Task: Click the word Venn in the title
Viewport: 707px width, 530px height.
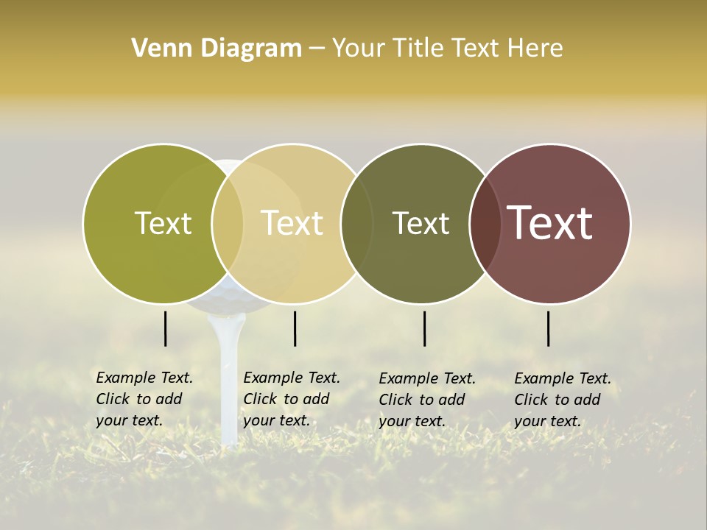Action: click(x=158, y=49)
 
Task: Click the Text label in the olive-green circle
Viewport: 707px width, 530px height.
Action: click(x=163, y=223)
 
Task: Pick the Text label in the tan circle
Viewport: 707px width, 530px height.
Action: click(x=292, y=223)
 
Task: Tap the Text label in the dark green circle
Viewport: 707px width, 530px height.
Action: click(x=421, y=223)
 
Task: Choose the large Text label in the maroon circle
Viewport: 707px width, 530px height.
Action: click(x=550, y=223)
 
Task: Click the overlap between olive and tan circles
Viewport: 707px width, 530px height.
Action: click(x=228, y=223)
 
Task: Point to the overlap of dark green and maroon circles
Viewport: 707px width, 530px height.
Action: click(x=485, y=223)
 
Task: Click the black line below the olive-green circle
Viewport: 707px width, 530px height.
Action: click(x=165, y=328)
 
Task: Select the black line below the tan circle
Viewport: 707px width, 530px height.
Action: click(x=295, y=328)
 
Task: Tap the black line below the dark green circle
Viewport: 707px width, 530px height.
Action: click(x=424, y=328)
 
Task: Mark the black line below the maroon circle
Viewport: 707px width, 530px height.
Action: click(x=549, y=328)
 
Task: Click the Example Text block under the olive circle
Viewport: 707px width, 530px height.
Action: click(x=144, y=399)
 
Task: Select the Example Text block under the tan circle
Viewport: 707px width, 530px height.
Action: click(x=292, y=399)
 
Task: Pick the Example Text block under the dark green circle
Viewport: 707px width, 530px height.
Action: click(x=427, y=400)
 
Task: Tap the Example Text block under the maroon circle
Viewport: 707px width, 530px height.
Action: click(x=563, y=400)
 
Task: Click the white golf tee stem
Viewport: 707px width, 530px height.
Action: click(x=228, y=383)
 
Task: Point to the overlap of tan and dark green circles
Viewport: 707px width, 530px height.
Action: click(x=357, y=223)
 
